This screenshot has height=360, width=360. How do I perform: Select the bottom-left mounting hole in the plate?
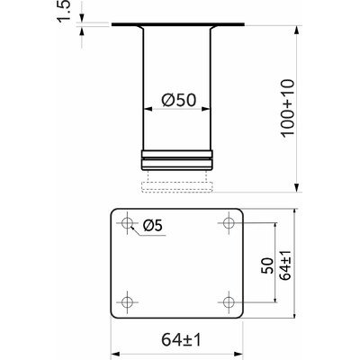127,301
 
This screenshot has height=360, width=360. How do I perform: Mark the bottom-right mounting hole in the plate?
228,301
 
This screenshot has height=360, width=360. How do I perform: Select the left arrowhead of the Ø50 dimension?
148,109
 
